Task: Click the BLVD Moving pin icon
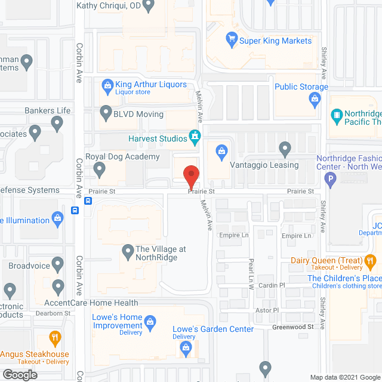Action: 106,112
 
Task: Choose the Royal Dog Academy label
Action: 122,157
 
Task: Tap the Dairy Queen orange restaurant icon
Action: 370,260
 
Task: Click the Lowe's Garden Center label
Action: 212,329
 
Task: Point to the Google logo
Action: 20,374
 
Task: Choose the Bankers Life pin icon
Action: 57,124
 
